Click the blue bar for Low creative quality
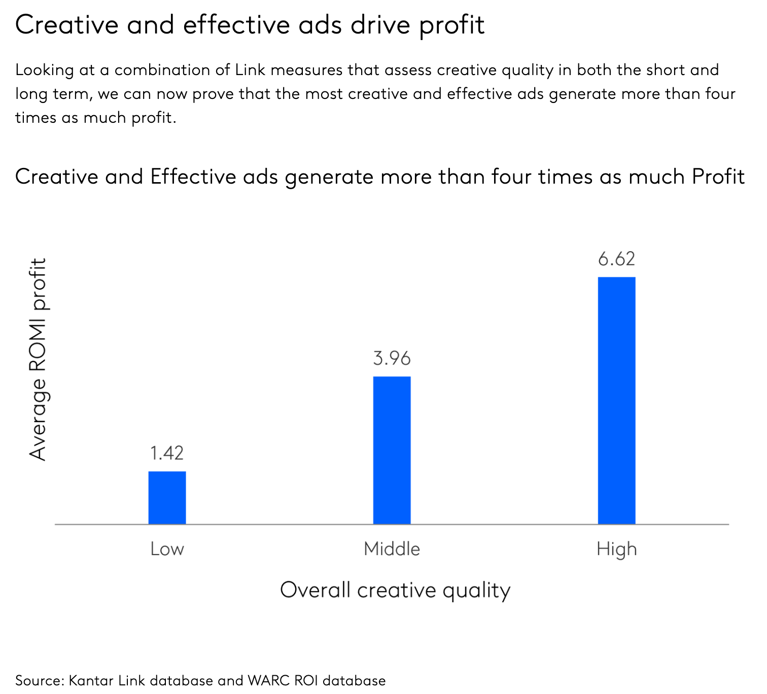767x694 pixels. (x=167, y=497)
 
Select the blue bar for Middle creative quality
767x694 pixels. (x=392, y=450)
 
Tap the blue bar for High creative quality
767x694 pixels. (x=616, y=400)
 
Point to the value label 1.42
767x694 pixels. (x=167, y=453)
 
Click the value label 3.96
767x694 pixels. (x=392, y=359)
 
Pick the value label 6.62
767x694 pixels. (x=616, y=259)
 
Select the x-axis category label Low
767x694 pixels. (x=167, y=549)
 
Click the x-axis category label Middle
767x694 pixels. (x=392, y=549)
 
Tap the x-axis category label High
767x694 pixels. (x=616, y=549)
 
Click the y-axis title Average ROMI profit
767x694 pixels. (x=38, y=359)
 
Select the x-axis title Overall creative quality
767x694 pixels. (x=395, y=591)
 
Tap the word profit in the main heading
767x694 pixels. (x=452, y=25)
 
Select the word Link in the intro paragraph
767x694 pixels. (x=250, y=70)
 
